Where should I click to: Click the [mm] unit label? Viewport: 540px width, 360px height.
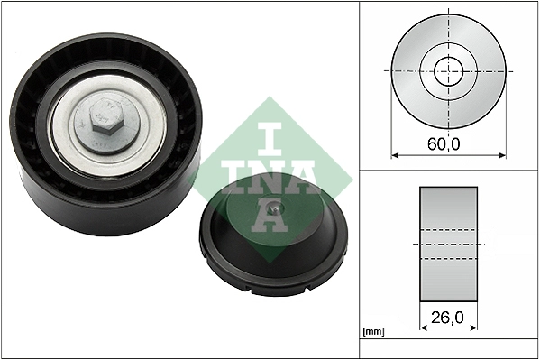pos(372,333)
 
